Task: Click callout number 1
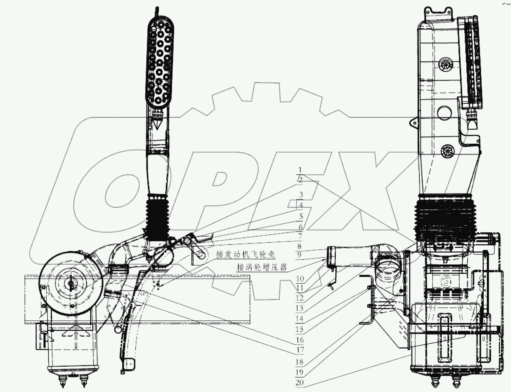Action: tap(300, 169)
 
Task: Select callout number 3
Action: tap(301, 195)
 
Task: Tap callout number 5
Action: tap(301, 216)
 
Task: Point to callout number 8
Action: tap(299, 246)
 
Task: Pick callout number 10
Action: tap(300, 279)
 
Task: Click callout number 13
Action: tap(300, 308)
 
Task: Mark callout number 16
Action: tap(300, 340)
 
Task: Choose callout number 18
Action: tap(300, 362)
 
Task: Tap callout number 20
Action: tap(300, 382)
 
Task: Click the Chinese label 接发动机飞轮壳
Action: tap(245, 255)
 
